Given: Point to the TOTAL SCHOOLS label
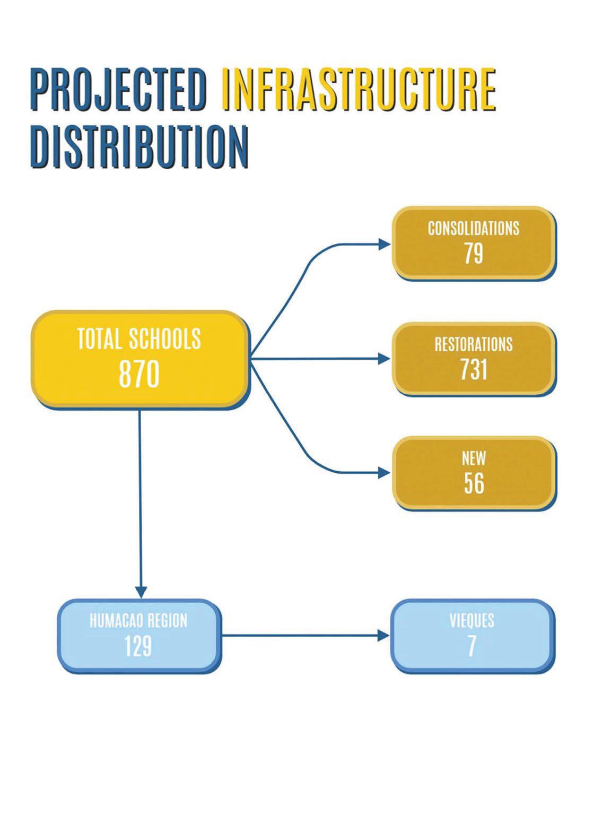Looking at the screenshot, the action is [x=139, y=339].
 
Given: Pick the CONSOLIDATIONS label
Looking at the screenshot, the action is [x=474, y=229].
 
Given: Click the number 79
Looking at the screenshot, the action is [x=474, y=254].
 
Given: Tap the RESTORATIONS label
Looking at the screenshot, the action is [x=474, y=344].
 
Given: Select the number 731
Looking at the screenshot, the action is [x=474, y=369].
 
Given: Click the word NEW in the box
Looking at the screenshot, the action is [x=474, y=458].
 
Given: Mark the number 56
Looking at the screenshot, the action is [x=474, y=483].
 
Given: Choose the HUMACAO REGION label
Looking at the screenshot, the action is [x=138, y=621].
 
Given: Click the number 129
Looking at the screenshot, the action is [x=138, y=646].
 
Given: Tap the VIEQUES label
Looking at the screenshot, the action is [x=472, y=620].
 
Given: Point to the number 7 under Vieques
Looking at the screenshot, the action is [x=472, y=646].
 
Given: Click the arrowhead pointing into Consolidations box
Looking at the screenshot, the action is [x=385, y=244].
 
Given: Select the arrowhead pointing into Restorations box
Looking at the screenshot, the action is [x=385, y=359].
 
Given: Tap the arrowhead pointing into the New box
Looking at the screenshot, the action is [x=385, y=473].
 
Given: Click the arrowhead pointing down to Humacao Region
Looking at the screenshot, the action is [x=141, y=592].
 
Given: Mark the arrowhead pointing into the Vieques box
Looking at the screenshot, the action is [x=383, y=635].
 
